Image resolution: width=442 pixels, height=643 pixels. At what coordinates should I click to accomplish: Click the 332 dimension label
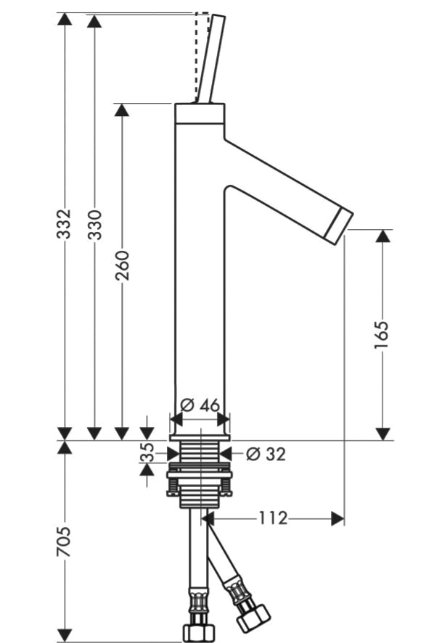coord(64,223)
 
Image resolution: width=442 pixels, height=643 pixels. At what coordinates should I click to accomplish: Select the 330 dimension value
coord(95,224)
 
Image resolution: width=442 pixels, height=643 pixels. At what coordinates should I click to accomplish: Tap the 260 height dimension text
coord(122,266)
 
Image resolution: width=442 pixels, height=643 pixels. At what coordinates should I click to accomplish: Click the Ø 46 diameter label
coord(200,405)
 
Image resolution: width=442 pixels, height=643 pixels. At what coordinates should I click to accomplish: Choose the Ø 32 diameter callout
coord(266,454)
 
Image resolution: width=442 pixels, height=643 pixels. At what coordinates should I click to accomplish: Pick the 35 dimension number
coord(147,452)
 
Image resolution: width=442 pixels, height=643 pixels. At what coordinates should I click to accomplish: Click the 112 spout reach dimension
coord(273,518)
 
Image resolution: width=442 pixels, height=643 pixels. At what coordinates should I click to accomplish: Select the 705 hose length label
coord(64,542)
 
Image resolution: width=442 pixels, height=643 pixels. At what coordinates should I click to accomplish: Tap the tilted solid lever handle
coord(211,59)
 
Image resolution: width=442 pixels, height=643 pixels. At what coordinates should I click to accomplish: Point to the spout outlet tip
coord(339,227)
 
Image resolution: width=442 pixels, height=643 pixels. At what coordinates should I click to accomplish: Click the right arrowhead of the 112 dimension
coord(337,519)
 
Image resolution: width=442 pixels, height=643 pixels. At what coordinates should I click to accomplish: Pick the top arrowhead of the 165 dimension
coord(382,236)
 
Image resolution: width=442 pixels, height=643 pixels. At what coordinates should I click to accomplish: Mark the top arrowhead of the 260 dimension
coord(122,110)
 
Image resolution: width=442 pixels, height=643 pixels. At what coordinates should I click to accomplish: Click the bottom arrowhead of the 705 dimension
coord(65,635)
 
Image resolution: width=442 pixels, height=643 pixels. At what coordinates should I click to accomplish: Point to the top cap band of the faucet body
coord(200,114)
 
